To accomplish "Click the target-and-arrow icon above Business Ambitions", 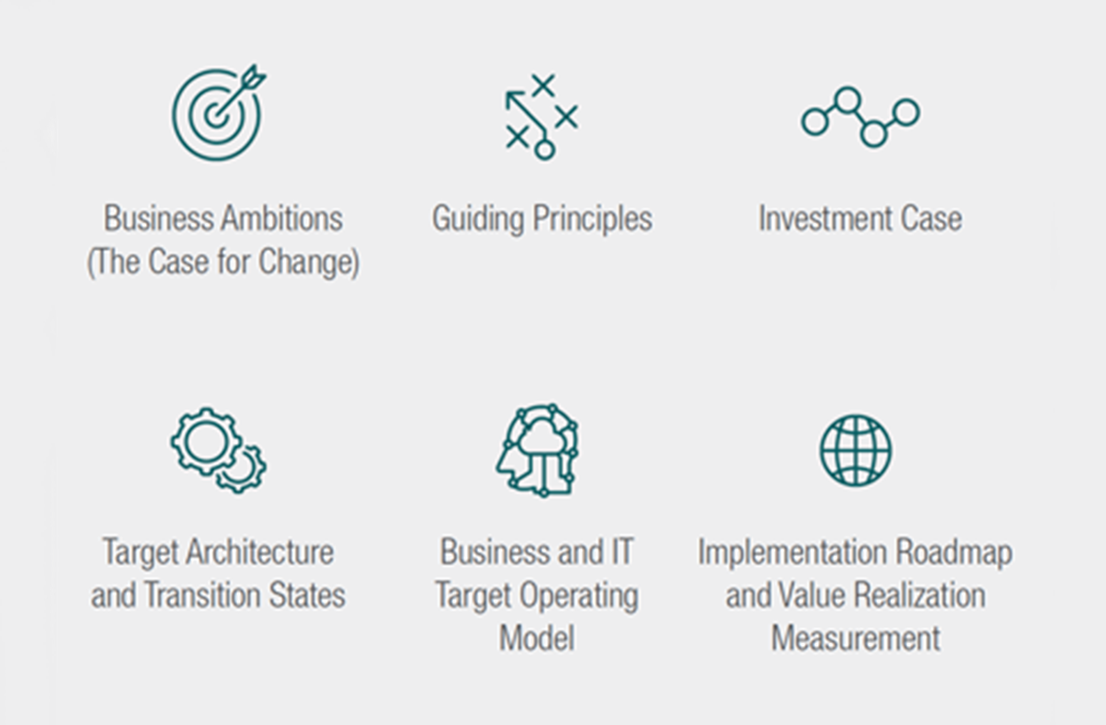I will (x=217, y=113).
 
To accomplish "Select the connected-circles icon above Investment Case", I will (x=860, y=117).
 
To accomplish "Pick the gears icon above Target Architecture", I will (x=218, y=449).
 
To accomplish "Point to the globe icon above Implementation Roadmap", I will (x=856, y=450).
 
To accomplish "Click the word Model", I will (x=537, y=637).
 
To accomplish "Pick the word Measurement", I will (x=856, y=637).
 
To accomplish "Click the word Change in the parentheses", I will (x=308, y=263).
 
